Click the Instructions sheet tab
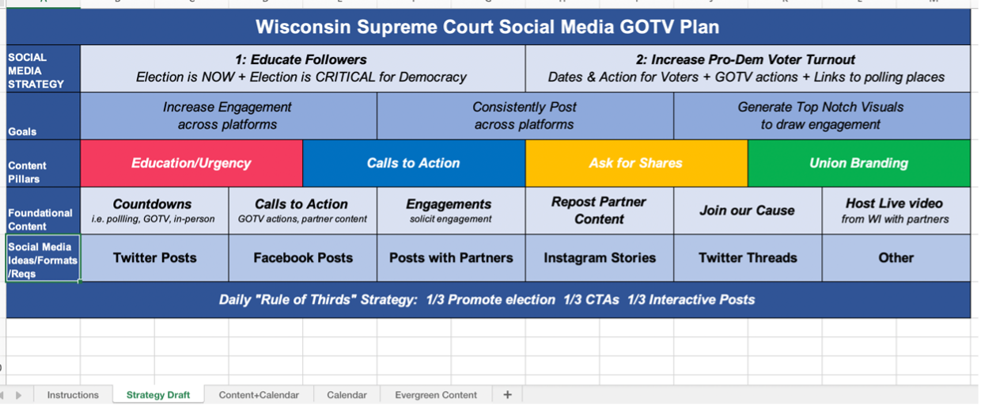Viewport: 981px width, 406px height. (x=73, y=395)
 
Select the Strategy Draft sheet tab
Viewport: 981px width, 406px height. (x=158, y=395)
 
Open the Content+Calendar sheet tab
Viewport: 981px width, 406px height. (x=259, y=395)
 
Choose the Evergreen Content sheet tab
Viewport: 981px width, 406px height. (x=436, y=395)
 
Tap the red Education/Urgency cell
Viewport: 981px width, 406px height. (x=191, y=163)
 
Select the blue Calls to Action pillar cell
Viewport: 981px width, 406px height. (x=413, y=163)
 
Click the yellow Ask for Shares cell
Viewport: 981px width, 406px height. (x=635, y=163)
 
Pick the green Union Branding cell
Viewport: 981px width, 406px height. (x=858, y=163)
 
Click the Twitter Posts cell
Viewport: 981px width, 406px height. (x=154, y=257)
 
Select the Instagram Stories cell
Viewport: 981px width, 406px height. (x=599, y=257)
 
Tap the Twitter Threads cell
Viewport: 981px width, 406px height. (x=748, y=257)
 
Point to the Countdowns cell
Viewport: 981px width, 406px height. (x=153, y=211)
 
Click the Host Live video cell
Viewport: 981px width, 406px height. (x=895, y=211)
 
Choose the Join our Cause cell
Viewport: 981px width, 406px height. (x=747, y=211)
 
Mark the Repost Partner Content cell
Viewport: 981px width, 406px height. (x=599, y=211)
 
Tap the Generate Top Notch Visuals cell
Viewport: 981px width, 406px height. (x=820, y=116)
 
